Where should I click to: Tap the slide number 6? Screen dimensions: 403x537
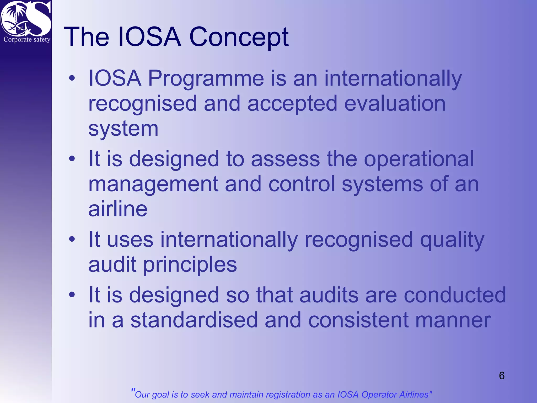point(502,376)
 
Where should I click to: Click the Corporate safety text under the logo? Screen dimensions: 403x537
point(27,40)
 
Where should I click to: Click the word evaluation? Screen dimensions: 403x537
point(395,103)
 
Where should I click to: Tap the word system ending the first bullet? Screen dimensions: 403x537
point(123,129)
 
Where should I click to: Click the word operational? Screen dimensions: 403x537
point(419,159)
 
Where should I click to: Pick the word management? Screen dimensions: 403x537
point(153,184)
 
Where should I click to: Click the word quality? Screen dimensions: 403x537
point(452,240)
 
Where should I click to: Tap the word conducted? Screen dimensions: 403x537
point(455,295)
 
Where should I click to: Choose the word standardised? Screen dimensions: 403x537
point(194,320)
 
